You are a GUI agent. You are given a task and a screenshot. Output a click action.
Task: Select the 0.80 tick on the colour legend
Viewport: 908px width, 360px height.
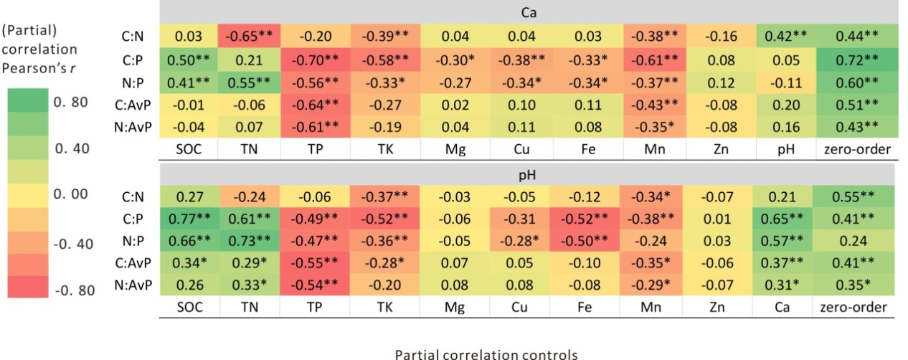tap(71, 103)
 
